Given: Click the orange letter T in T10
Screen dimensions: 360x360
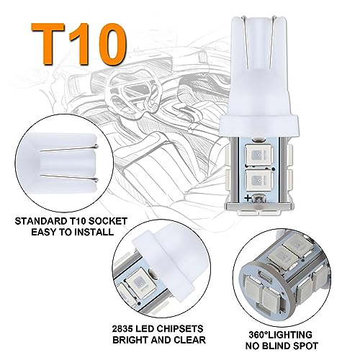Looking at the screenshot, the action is pos(48,45).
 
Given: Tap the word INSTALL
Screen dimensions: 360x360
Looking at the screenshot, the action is pos(94,232).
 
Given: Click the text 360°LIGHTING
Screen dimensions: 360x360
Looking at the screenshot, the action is pos(280,335).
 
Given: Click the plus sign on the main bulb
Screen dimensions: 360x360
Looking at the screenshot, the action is pos(248,198).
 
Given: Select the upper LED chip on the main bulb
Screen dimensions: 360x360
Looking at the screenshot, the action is pos(258,155).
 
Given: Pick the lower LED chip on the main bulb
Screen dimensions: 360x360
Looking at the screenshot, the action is pos(258,181).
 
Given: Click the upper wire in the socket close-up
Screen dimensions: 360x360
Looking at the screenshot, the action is pos(69,148).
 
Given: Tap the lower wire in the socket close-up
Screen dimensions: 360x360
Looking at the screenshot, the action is pos(69,178).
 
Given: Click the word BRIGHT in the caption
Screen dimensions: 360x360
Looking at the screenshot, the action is pos(128,340).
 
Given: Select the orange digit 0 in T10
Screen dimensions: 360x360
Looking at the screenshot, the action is pos(109,45).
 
